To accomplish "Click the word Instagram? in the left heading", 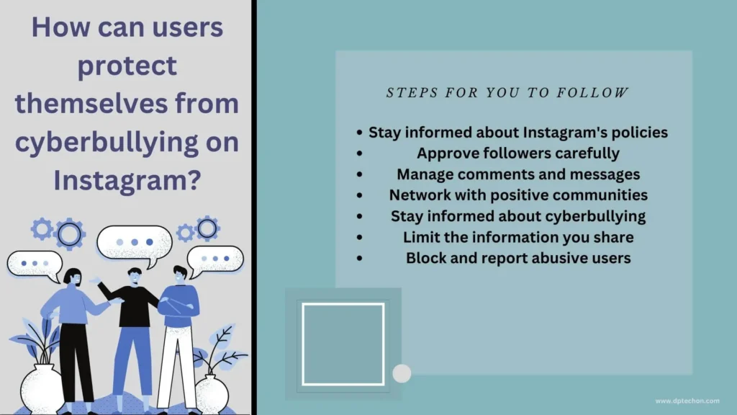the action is click(x=127, y=180).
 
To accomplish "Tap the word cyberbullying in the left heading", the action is click(x=107, y=142).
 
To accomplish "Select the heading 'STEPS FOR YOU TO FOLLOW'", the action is click(x=507, y=93).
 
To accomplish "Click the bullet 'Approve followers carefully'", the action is click(x=518, y=153).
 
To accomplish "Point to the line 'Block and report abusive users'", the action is click(x=518, y=258).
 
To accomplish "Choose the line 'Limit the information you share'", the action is click(x=518, y=237).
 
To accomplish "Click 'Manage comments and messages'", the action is click(x=518, y=174).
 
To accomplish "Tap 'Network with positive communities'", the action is click(x=518, y=195).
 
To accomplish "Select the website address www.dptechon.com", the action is click(x=687, y=401).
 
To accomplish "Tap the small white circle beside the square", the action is click(x=402, y=374).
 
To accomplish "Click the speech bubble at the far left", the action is click(x=35, y=264).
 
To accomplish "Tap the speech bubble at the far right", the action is click(x=215, y=259).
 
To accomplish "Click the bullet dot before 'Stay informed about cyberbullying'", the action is click(x=360, y=216).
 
